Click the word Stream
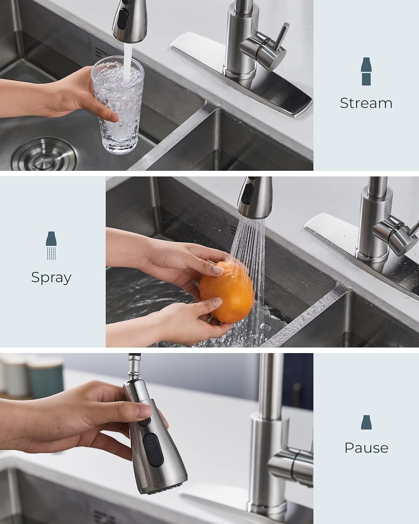366,103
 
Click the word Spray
51,277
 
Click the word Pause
366,447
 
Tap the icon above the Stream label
366,72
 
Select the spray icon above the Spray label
51,246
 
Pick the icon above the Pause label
366,422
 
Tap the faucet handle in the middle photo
395,229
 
